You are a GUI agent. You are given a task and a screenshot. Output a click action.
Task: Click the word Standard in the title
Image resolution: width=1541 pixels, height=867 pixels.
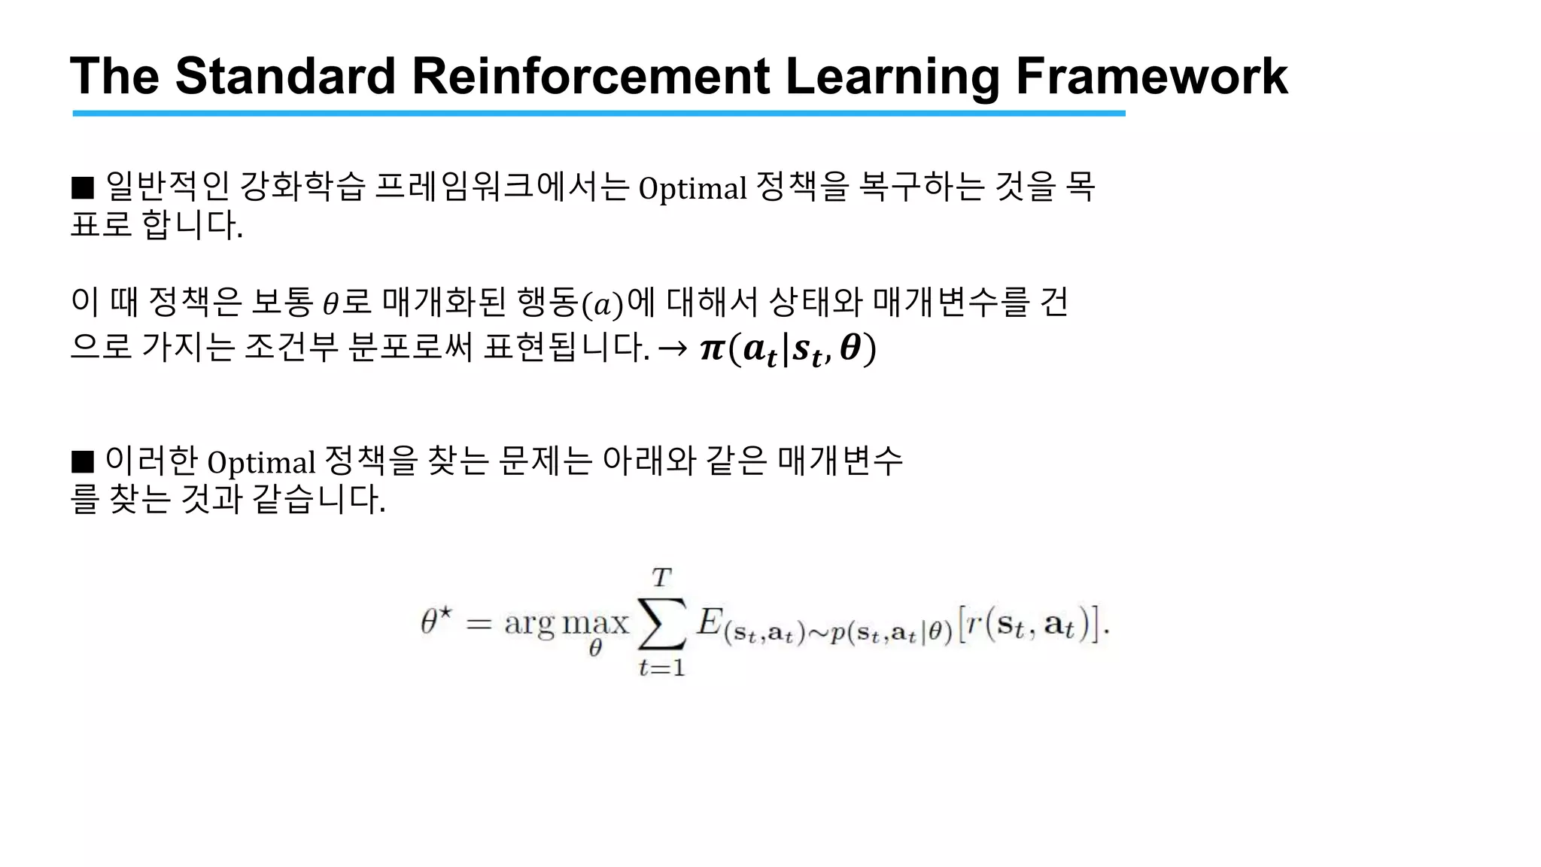[x=285, y=77]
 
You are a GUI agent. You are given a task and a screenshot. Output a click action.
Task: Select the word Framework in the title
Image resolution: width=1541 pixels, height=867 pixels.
[x=1151, y=77]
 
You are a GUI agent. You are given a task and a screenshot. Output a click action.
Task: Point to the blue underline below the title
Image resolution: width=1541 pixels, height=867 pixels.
[x=598, y=113]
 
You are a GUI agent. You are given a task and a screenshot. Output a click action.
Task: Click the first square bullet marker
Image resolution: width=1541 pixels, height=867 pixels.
[x=82, y=187]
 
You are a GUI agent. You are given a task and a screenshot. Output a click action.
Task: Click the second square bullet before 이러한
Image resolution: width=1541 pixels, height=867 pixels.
[x=82, y=461]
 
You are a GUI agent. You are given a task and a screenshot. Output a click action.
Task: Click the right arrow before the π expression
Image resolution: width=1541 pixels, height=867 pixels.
[x=672, y=348]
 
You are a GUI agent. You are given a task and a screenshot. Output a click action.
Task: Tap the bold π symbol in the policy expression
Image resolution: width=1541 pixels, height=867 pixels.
[x=711, y=349]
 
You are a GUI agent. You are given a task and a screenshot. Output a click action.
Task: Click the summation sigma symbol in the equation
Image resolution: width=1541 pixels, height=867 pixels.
[x=662, y=623]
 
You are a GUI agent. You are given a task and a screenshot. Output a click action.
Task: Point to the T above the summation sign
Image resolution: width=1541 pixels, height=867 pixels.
[x=661, y=578]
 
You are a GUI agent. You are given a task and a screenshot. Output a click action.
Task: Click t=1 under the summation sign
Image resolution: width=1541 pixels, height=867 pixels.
[x=661, y=668]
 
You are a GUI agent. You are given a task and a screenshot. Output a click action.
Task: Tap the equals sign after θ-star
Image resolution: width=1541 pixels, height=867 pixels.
[x=479, y=624]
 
